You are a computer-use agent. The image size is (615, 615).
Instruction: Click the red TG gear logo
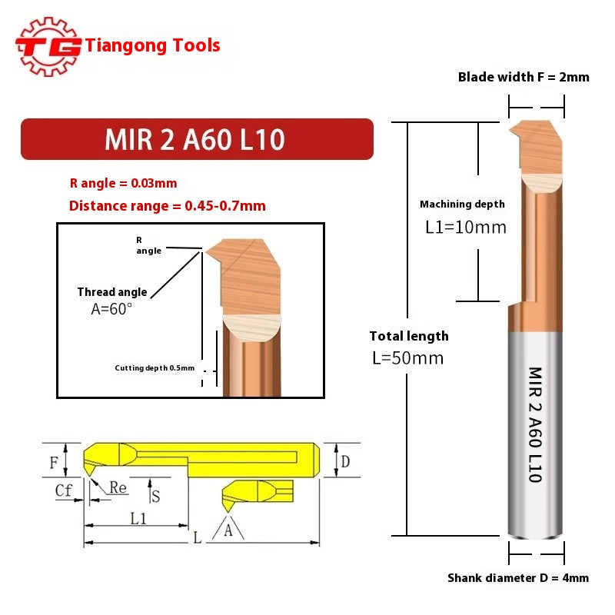tap(48, 46)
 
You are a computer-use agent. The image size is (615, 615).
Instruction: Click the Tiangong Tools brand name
tap(153, 45)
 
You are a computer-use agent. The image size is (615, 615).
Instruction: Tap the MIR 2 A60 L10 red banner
tap(196, 139)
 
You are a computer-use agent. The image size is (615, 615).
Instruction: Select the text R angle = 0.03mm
tap(123, 183)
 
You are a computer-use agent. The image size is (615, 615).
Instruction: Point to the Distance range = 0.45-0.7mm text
tap(167, 206)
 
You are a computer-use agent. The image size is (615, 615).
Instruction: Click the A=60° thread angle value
tap(111, 308)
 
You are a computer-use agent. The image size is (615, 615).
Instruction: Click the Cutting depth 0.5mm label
tap(155, 367)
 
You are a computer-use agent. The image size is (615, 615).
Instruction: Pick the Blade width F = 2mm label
tap(524, 77)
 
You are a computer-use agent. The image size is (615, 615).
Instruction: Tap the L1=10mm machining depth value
tap(466, 228)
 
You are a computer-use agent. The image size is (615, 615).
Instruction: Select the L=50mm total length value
tap(407, 358)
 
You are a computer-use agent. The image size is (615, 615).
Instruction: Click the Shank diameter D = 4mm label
tap(518, 578)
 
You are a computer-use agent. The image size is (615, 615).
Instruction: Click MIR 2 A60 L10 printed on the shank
tap(535, 424)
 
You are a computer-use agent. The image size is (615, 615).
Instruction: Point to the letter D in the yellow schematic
tap(346, 461)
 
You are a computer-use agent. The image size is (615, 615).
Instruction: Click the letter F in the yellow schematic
tap(53, 463)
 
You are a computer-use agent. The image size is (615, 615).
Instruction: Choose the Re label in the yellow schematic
tap(118, 487)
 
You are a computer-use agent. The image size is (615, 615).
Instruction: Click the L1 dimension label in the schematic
tap(138, 518)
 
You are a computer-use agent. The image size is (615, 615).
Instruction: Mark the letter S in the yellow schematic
tap(155, 496)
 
